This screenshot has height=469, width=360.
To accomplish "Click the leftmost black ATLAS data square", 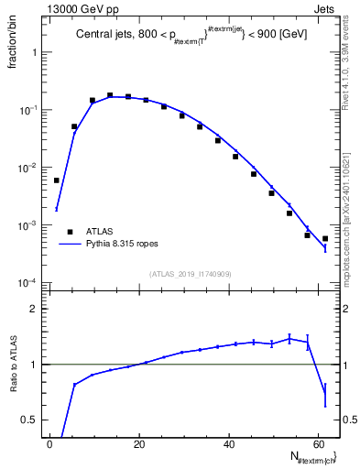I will pyautogui.click(x=57, y=180).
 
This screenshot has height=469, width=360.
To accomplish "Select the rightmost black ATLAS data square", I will pyautogui.click(x=325, y=238).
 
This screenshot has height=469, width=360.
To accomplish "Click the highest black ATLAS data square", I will pyautogui.click(x=110, y=95).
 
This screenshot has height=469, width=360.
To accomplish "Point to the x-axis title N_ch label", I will pyautogui.click(x=311, y=457).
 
